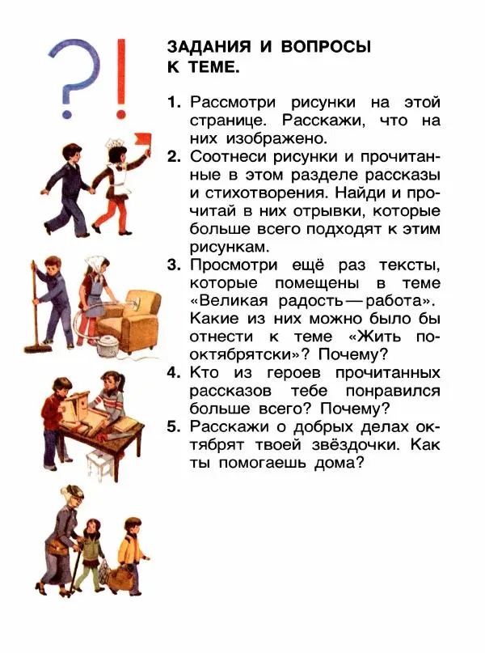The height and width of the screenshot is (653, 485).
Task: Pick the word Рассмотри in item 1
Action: [x=234, y=104]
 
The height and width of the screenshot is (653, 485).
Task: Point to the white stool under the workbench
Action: [x=99, y=466]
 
